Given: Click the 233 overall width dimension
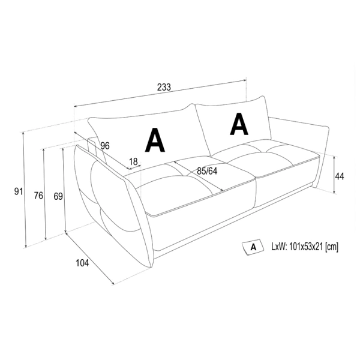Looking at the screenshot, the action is click(164, 87).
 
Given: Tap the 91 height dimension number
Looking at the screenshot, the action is click(19, 191).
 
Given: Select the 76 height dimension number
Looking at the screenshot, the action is click(38, 196).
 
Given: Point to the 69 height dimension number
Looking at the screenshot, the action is click(58, 196).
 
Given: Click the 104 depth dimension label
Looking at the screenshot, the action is click(82, 263).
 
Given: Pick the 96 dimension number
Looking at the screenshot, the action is click(105, 146).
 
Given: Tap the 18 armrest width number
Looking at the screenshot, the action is click(133, 161).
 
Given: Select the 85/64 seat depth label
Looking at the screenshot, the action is click(207, 171).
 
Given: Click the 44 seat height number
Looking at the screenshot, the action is click(340, 176).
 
